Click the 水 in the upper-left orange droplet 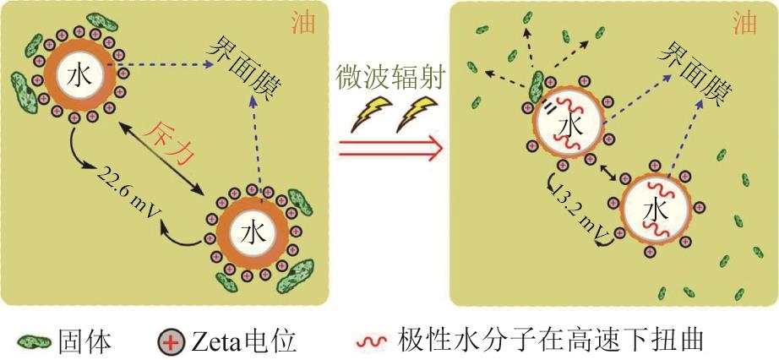(x=80, y=75)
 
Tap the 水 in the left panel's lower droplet (x=253, y=232)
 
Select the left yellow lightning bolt (x=371, y=114)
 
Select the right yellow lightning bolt (x=417, y=114)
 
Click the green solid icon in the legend (x=35, y=342)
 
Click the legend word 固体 (x=84, y=342)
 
